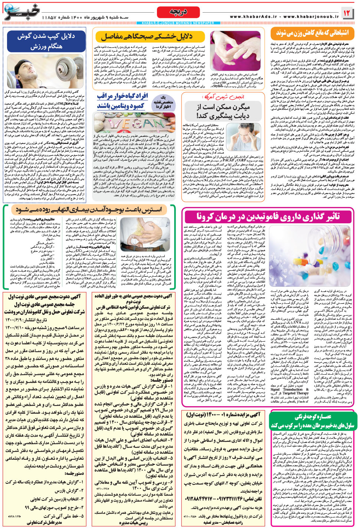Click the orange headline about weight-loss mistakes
(x=312, y=33)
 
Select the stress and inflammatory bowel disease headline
(x=89, y=210)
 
